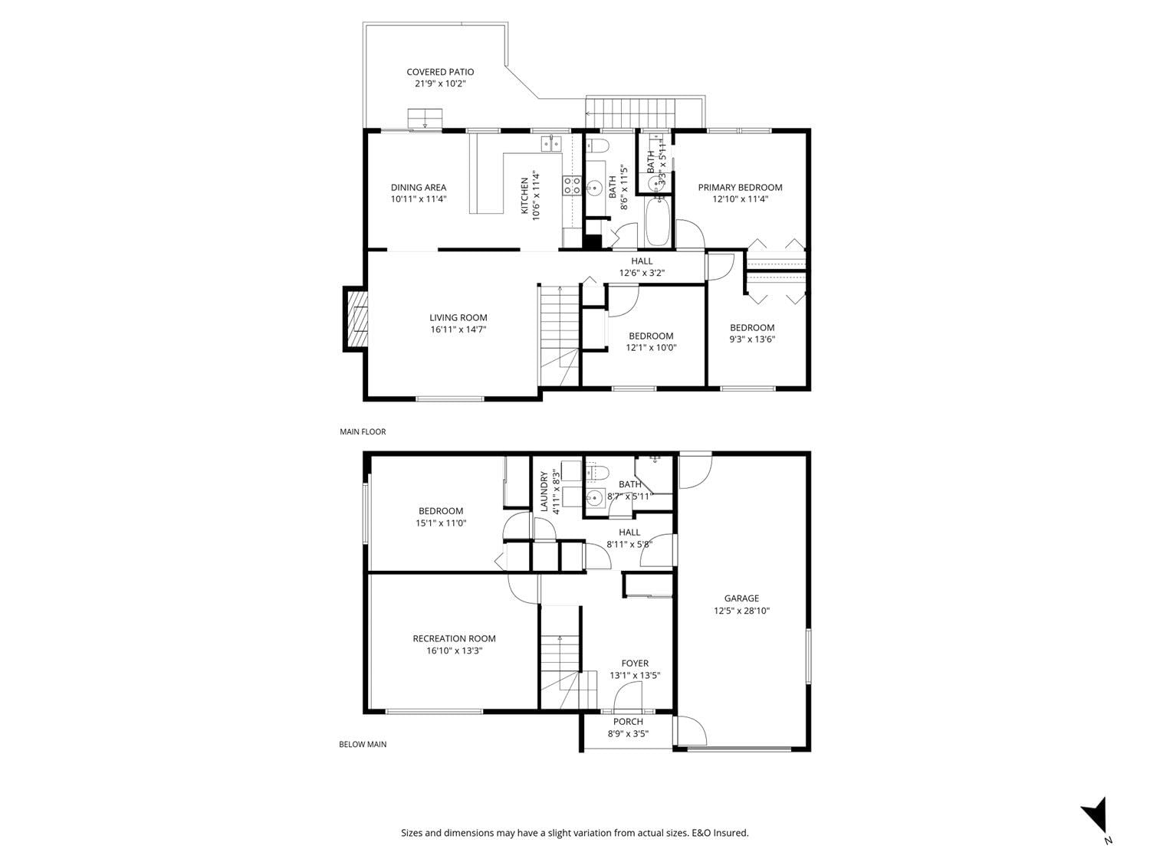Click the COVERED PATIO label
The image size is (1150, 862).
pyautogui.click(x=440, y=72)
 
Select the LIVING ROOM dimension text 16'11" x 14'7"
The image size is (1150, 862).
pyautogui.click(x=458, y=329)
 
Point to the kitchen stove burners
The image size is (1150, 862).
pyautogui.click(x=572, y=185)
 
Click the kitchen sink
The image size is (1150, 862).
pyautogui.click(x=551, y=143)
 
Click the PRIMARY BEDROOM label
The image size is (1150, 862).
pyautogui.click(x=740, y=188)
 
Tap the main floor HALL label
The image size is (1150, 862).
pyautogui.click(x=642, y=261)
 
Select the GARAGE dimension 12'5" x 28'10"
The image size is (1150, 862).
pyautogui.click(x=741, y=610)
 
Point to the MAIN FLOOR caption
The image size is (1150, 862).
pyautogui.click(x=363, y=432)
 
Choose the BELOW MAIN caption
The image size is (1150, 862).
pyautogui.click(x=363, y=744)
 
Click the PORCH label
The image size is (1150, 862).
pyautogui.click(x=628, y=722)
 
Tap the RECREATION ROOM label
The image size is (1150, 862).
pyautogui.click(x=454, y=638)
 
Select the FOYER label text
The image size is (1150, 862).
pyautogui.click(x=635, y=663)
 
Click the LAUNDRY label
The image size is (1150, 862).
pyautogui.click(x=544, y=491)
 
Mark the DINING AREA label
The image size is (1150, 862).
pyautogui.click(x=419, y=188)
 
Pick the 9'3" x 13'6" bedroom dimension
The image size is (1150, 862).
pyautogui.click(x=752, y=339)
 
